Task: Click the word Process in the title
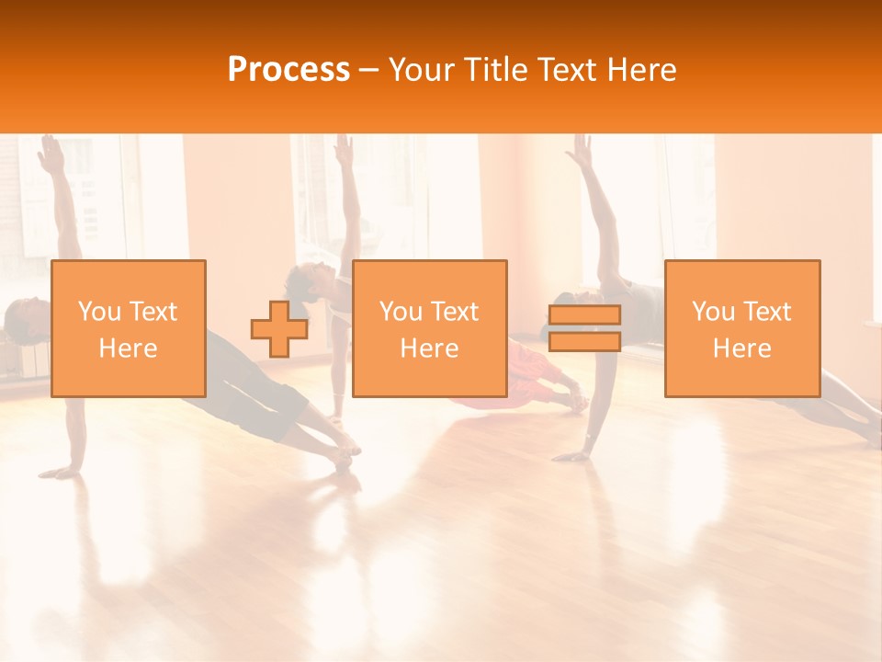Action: click(x=288, y=70)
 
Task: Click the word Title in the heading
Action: click(x=494, y=70)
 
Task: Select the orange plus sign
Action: click(x=279, y=329)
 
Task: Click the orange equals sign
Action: click(x=584, y=328)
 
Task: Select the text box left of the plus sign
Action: click(x=129, y=328)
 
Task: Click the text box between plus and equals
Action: click(x=429, y=328)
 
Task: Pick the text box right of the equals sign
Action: click(x=741, y=328)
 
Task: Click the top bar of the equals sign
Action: click(x=584, y=315)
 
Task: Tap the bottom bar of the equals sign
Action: click(x=584, y=341)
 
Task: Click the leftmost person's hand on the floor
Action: click(x=61, y=472)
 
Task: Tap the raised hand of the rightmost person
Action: click(x=579, y=150)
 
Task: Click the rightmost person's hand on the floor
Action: click(x=574, y=455)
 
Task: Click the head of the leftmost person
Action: click(x=20, y=317)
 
